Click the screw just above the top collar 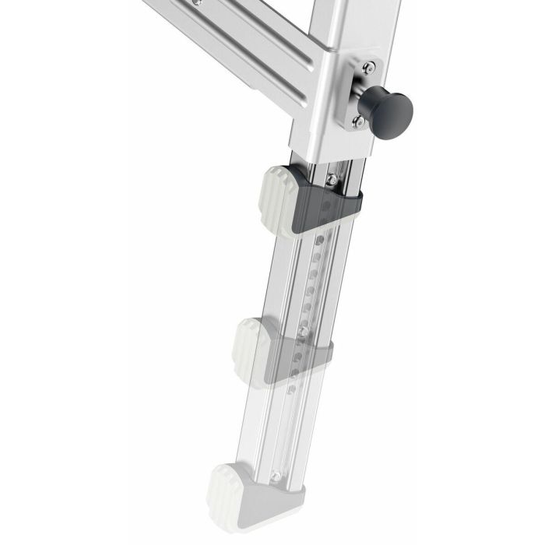(x=332, y=180)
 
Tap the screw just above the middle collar (x=302, y=332)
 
